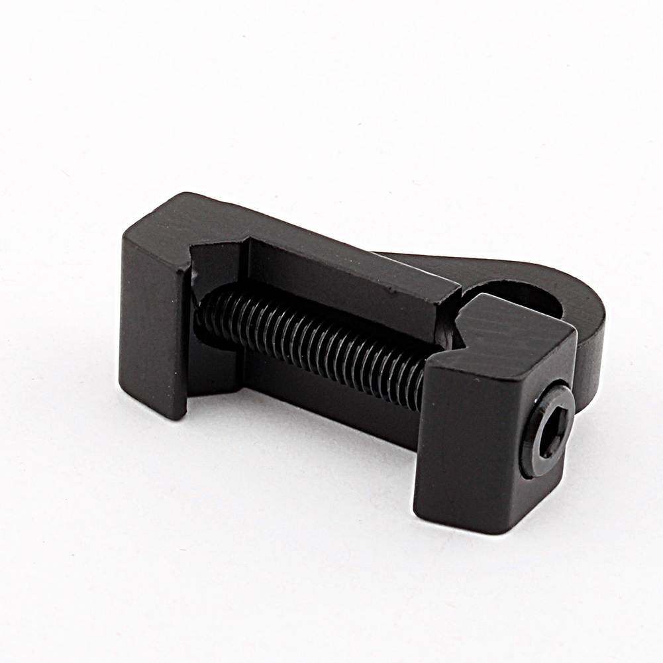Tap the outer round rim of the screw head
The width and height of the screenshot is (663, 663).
[x=530, y=457]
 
